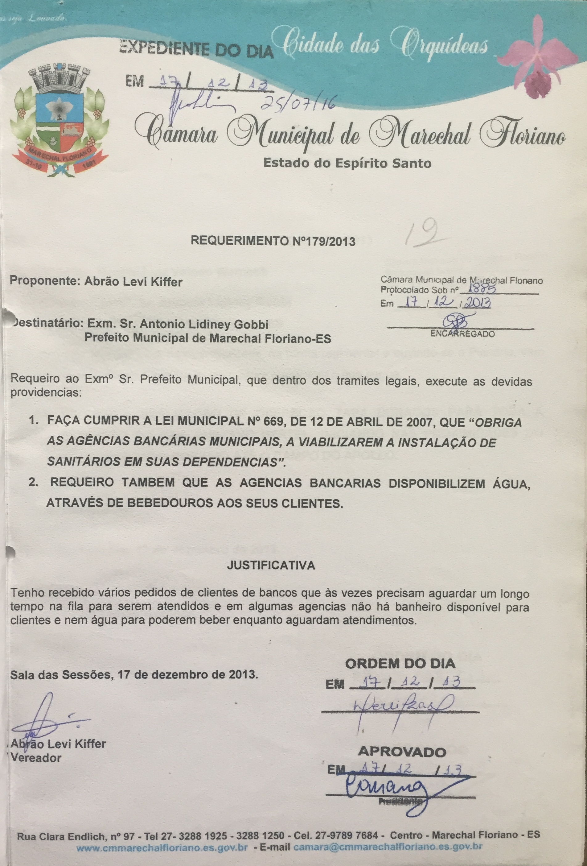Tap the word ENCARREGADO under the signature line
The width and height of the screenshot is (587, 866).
pos(462,334)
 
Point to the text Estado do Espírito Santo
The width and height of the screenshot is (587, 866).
pos(347,163)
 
